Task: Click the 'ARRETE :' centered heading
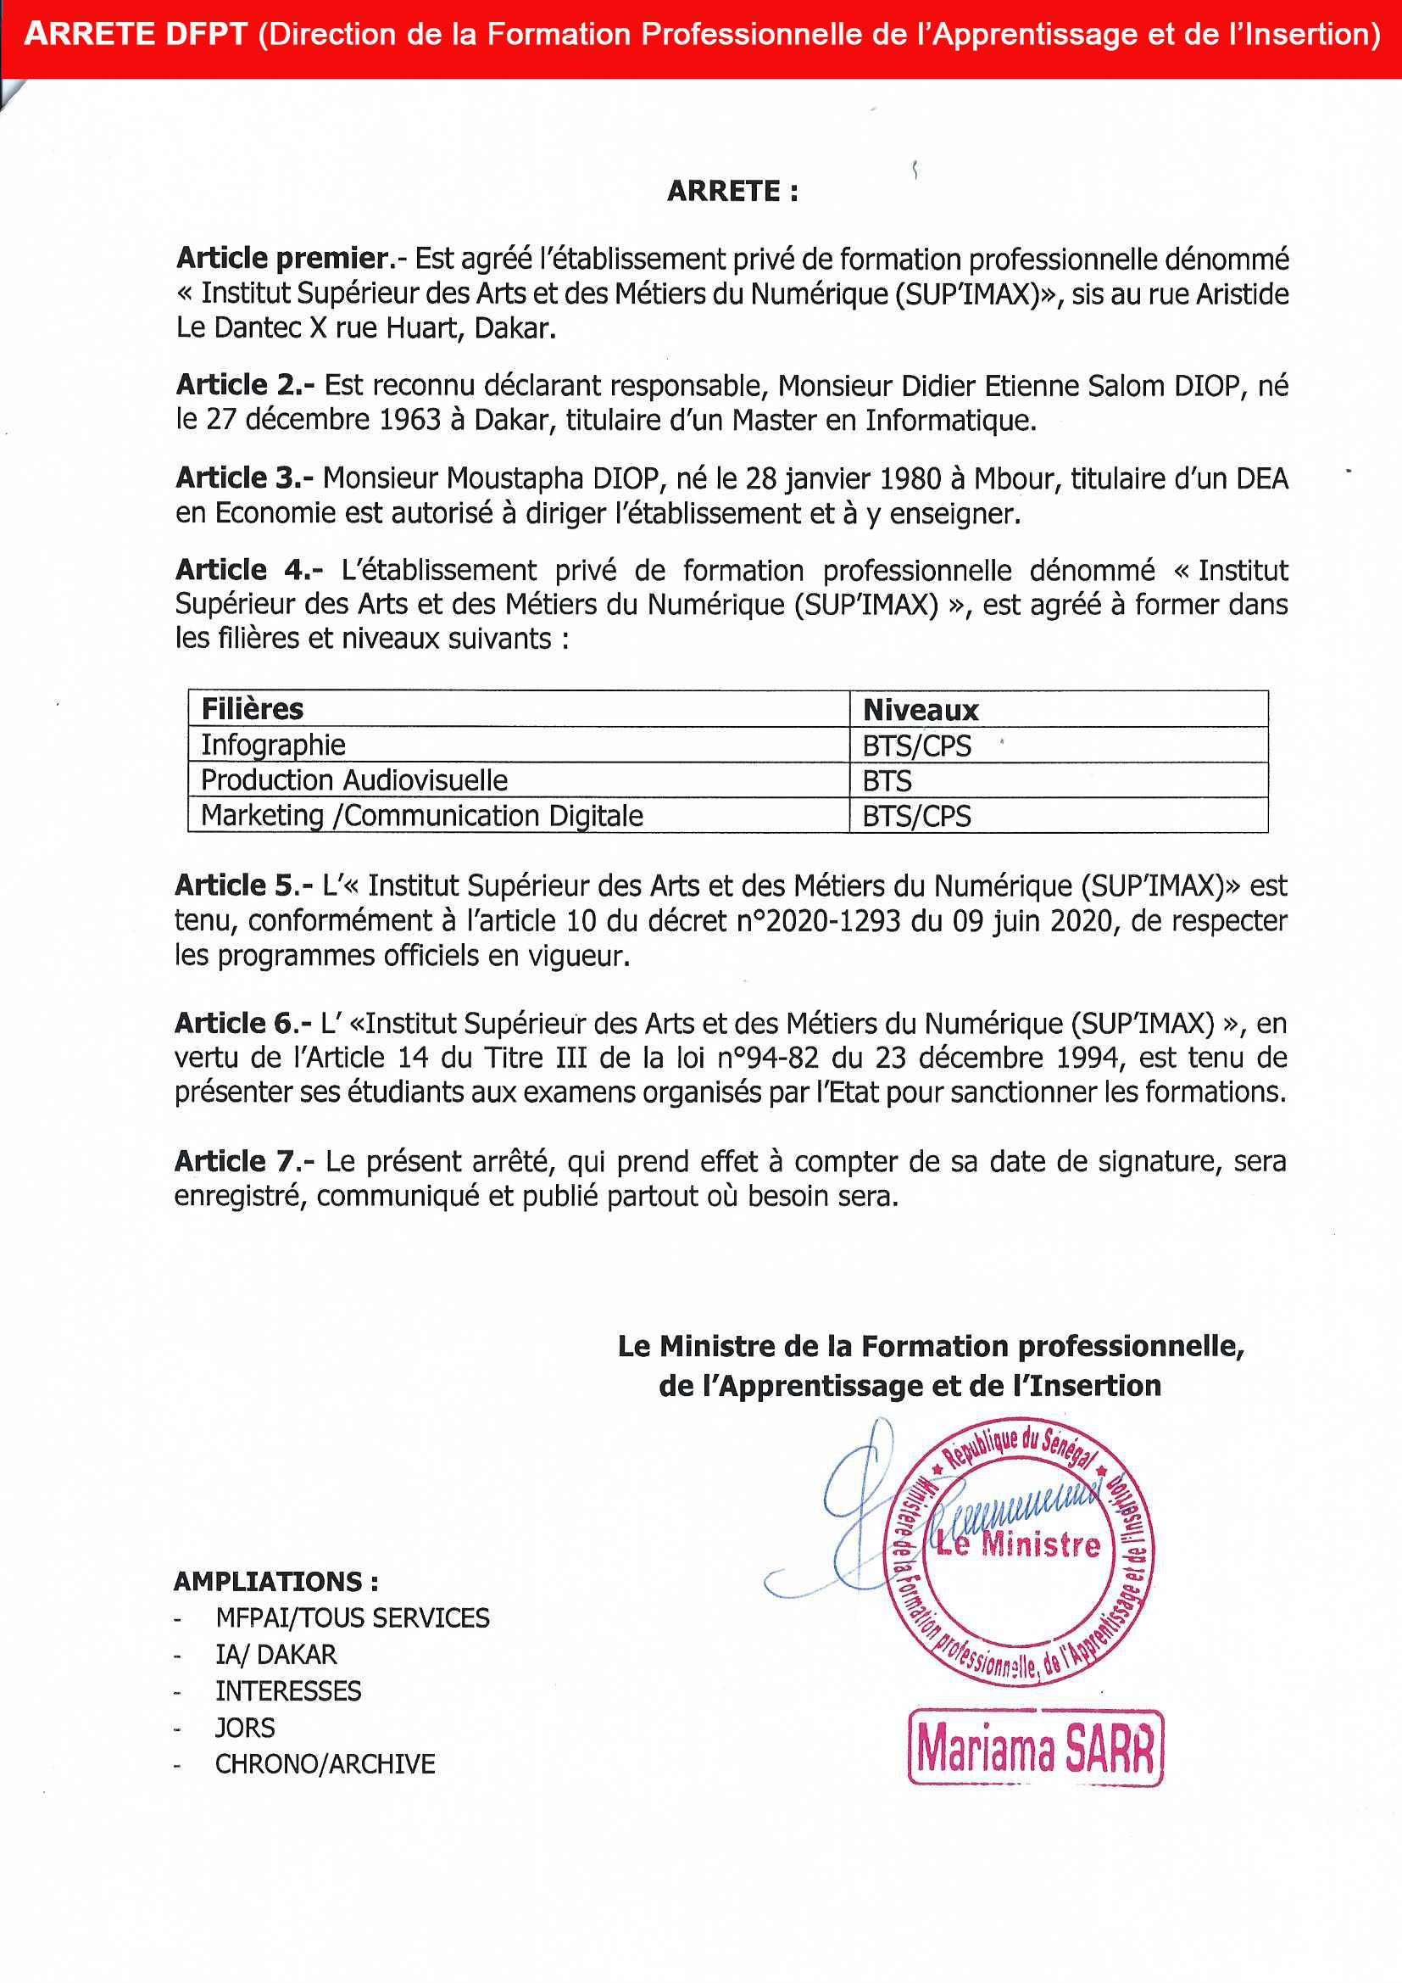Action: pos(732,191)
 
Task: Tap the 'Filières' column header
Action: pos(252,709)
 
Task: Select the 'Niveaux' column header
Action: pos(921,710)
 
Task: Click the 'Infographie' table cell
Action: pos(273,745)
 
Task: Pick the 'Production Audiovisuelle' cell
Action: pos(354,780)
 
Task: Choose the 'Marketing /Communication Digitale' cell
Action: pos(421,815)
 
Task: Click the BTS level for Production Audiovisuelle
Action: pos(887,781)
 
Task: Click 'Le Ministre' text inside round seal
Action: pos(1019,1544)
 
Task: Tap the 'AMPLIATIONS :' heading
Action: pos(275,1581)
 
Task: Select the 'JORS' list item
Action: pos(244,1728)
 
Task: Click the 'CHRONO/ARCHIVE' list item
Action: pos(325,1763)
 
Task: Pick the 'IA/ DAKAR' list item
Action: pos(275,1654)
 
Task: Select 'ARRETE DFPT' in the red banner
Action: pos(136,34)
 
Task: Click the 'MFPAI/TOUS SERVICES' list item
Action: pos(353,1617)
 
